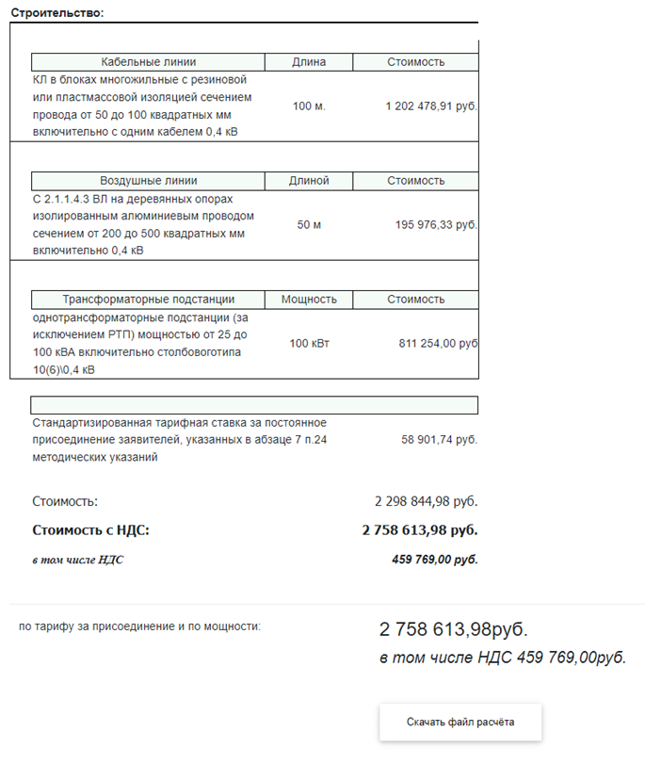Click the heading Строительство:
[56, 12]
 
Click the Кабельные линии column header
[149, 62]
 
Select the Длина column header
[309, 62]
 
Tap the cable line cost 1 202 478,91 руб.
[431, 106]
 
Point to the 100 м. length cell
[309, 106]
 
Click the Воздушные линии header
[149, 181]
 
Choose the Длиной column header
[309, 181]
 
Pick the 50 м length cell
[309, 225]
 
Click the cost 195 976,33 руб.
[436, 225]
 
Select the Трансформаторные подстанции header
[149, 300]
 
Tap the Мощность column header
[309, 300]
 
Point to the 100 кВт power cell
[309, 344]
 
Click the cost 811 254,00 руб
[438, 344]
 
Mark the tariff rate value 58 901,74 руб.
[439, 440]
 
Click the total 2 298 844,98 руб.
[427, 502]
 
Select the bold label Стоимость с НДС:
[90, 530]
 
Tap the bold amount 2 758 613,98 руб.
[419, 530]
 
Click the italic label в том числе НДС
[77, 560]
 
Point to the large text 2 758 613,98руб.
[453, 629]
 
